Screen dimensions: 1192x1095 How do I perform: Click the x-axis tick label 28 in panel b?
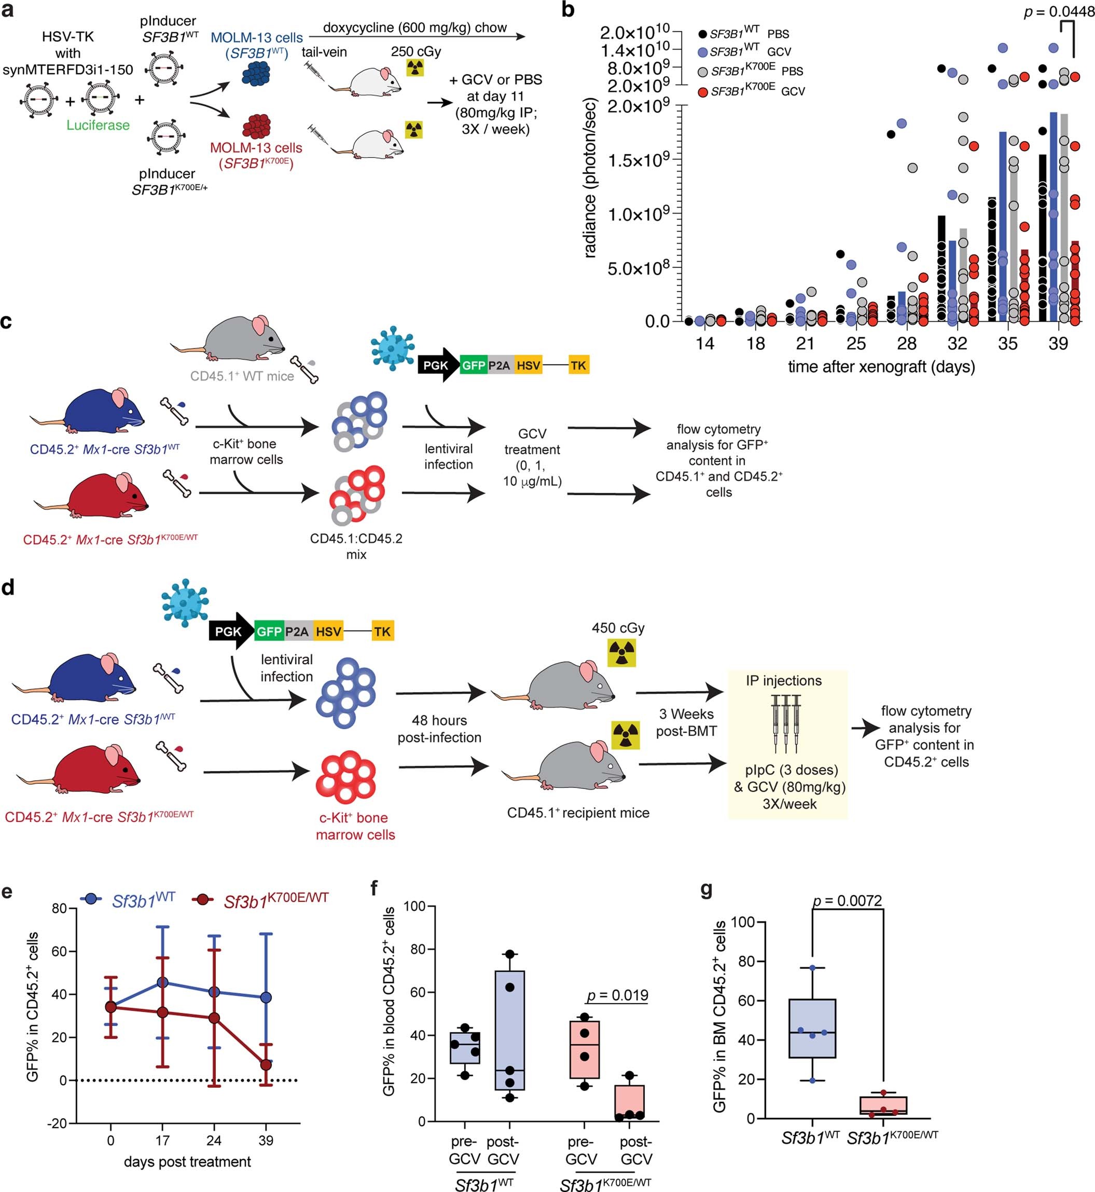907,343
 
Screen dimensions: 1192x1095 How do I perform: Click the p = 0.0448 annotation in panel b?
1058,12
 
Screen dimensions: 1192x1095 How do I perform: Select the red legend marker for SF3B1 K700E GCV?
703,92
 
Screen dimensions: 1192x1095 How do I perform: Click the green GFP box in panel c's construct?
473,365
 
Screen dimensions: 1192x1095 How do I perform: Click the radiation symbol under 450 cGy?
621,653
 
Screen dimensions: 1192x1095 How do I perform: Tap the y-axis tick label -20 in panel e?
59,1124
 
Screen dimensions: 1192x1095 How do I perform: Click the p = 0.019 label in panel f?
617,995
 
